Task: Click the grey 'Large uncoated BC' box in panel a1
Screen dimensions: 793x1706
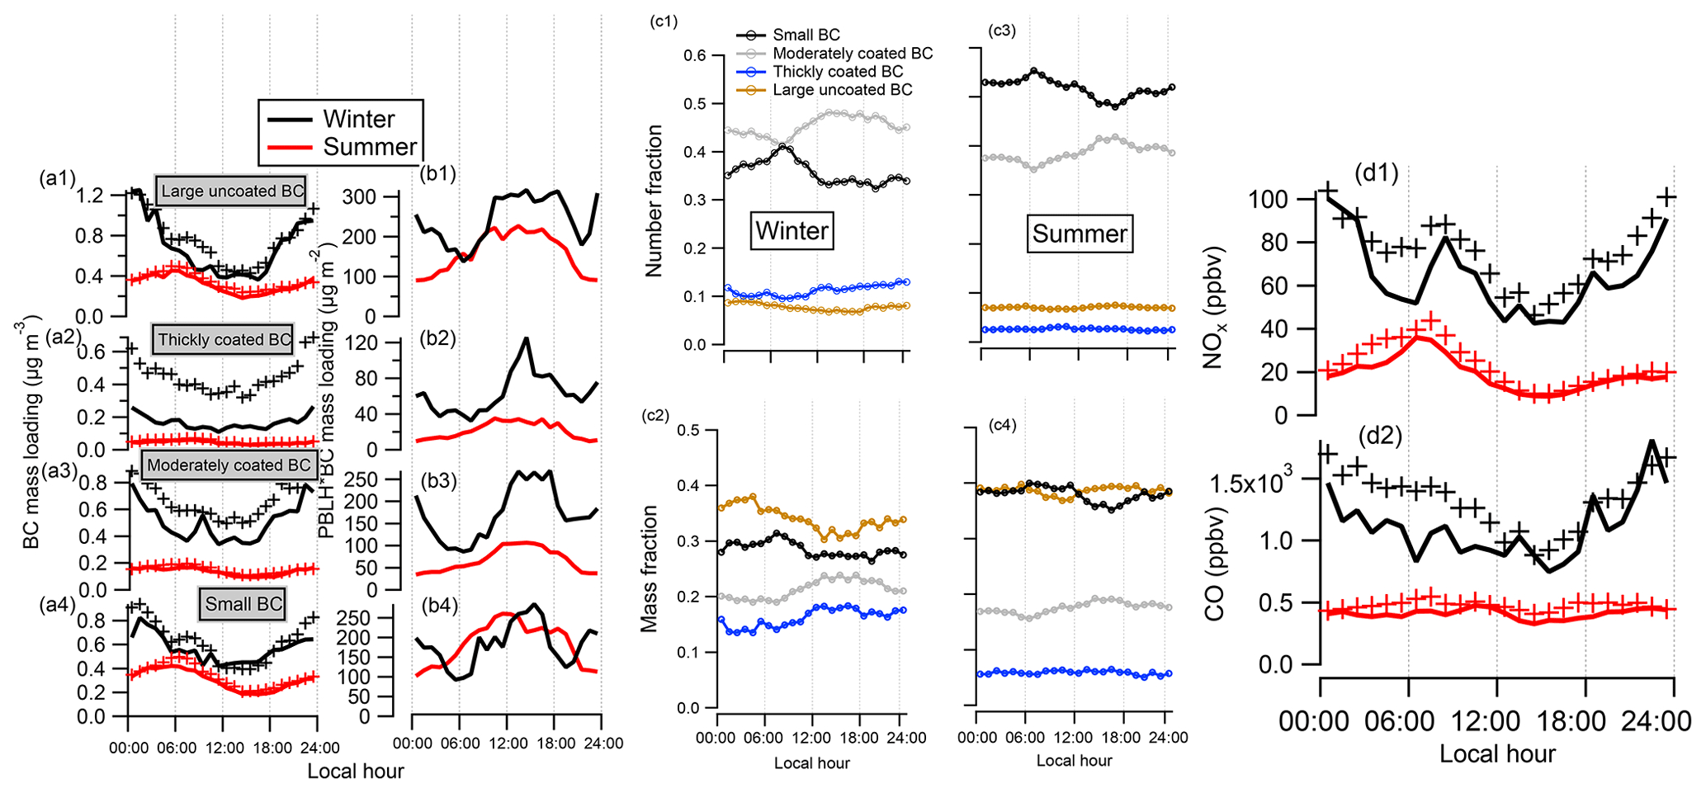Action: click(x=232, y=191)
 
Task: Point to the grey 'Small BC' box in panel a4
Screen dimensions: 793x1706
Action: click(x=243, y=604)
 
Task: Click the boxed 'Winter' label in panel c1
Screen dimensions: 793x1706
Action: click(x=792, y=230)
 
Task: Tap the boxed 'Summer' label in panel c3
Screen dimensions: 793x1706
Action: click(x=1080, y=234)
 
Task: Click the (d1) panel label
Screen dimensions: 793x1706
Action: click(x=1376, y=173)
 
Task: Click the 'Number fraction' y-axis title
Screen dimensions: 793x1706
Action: click(x=655, y=201)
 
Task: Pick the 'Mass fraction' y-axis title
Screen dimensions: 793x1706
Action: click(x=650, y=569)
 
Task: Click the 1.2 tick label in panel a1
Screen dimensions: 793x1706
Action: click(x=89, y=196)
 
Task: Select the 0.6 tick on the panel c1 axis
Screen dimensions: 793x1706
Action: click(x=694, y=55)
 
